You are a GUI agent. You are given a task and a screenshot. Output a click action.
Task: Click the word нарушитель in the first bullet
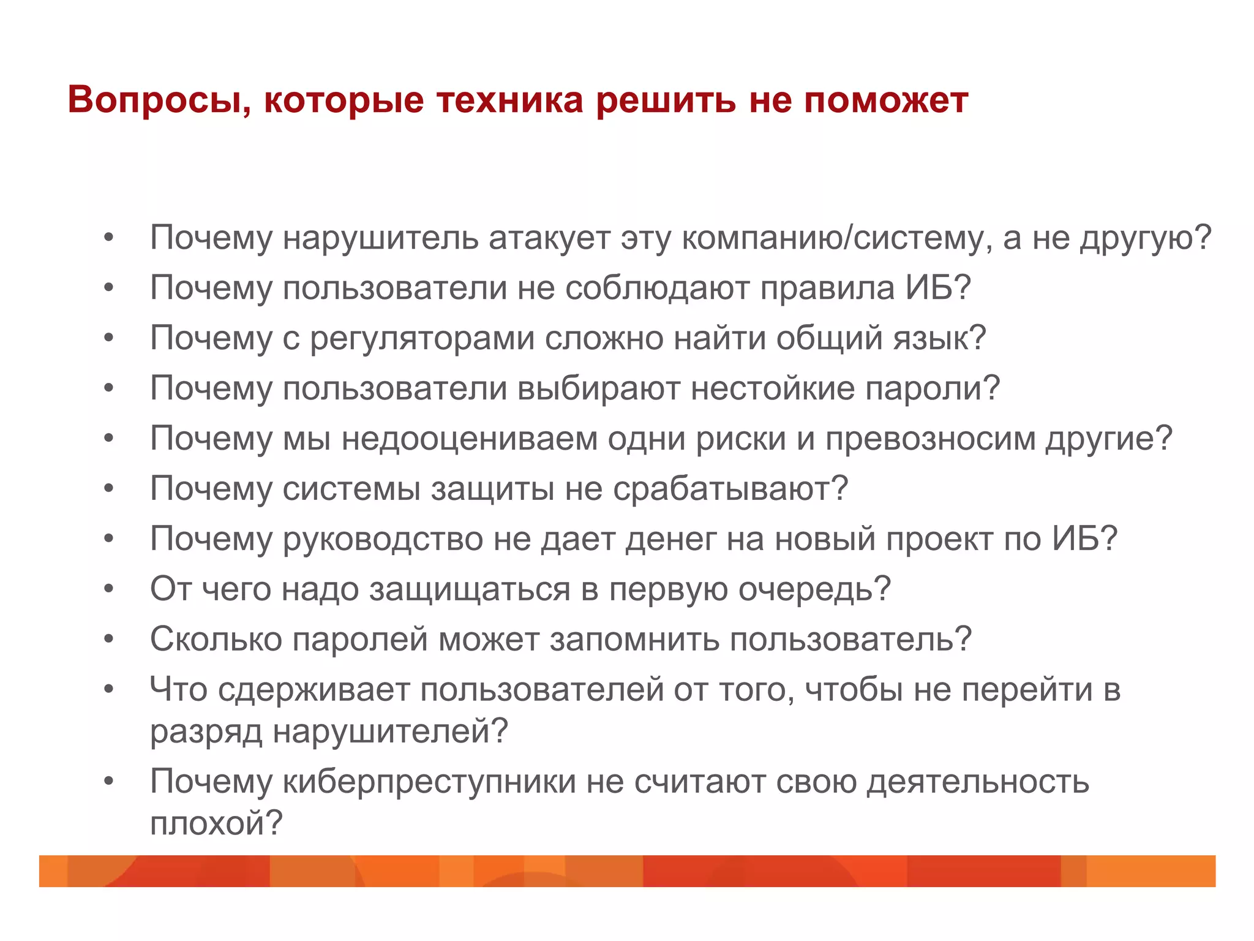coord(380,238)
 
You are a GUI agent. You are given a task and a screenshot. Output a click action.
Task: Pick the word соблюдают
coord(657,288)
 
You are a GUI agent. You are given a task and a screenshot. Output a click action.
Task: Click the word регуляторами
coord(422,338)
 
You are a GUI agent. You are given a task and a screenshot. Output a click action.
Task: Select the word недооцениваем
coord(469,439)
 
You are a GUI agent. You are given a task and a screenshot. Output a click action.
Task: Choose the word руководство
coord(383,539)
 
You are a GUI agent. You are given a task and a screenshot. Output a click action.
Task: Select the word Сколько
coord(216,640)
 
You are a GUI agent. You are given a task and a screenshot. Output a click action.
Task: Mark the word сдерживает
coord(313,690)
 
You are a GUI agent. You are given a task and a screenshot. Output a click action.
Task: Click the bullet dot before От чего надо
coord(109,589)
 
